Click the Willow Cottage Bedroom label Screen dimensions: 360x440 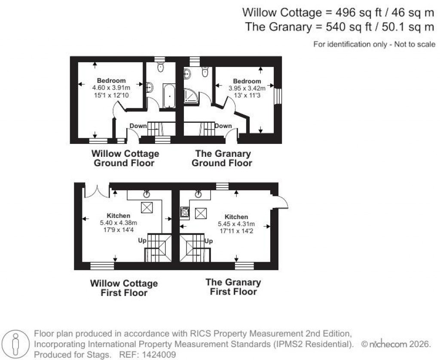click(111, 80)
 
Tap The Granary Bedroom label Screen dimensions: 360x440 click(247, 81)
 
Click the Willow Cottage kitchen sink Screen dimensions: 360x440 click(147, 194)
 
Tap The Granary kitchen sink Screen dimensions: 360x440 click(198, 194)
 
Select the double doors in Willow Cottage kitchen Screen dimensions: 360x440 click(97, 190)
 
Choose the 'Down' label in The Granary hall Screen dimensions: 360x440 click(223, 126)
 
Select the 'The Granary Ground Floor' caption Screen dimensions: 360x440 click(222, 158)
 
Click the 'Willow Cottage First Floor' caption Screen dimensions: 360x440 click(123, 288)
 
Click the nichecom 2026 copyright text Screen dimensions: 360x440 click(396, 345)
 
